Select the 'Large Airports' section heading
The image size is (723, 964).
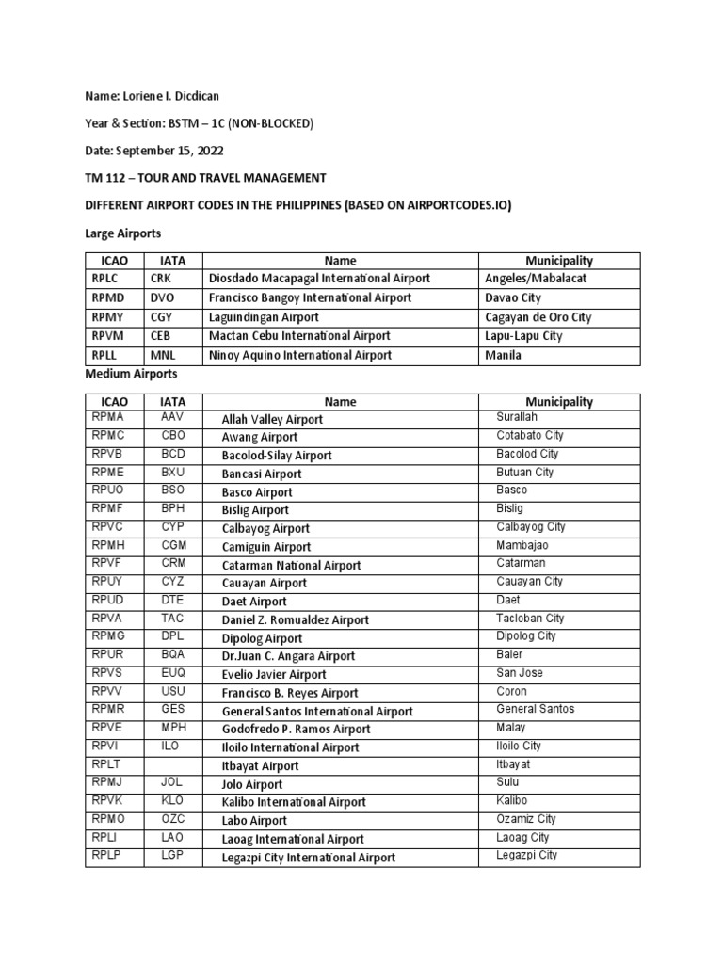124,232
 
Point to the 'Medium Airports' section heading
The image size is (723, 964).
131,374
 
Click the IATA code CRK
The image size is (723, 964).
162,279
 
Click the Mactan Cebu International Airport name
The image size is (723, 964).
298,336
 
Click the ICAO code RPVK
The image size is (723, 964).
108,800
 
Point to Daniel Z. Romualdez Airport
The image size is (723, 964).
295,620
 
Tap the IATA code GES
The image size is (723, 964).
173,710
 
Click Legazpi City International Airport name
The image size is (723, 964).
308,858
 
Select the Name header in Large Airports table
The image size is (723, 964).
340,261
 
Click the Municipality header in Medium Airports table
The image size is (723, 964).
559,402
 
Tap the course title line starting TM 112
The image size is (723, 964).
205,177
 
